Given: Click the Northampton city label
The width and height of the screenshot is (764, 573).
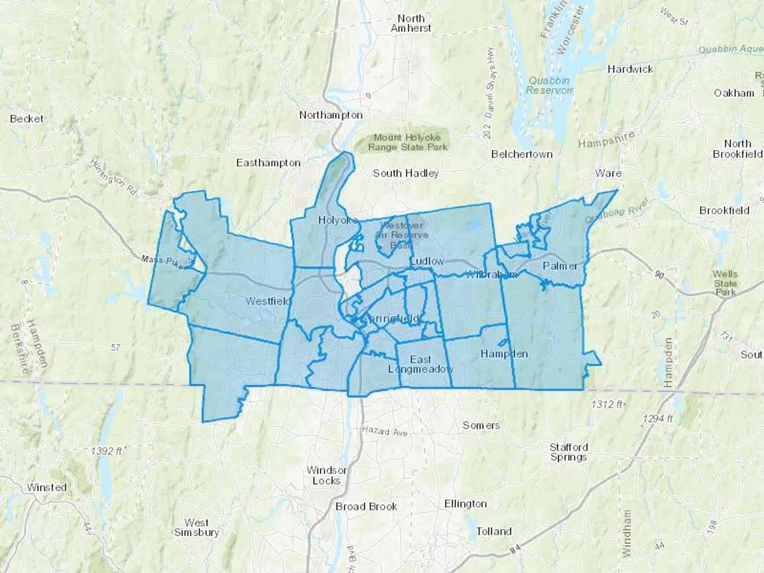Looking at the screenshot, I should click(x=331, y=115).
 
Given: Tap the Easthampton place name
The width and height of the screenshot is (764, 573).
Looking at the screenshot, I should click(x=268, y=163).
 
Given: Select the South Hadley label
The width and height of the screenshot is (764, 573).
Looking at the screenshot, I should click(x=405, y=173).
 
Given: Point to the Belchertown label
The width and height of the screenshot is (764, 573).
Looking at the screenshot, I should click(x=522, y=154).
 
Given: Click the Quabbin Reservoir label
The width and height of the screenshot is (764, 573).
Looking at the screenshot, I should click(x=549, y=85).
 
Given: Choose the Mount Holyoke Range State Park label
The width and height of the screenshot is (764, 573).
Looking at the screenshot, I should click(x=407, y=142).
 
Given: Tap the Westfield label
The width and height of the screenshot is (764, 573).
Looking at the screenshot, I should click(x=268, y=301).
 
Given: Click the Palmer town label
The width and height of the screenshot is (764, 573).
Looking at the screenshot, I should click(x=560, y=266).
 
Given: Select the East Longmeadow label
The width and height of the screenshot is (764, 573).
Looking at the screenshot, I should click(x=420, y=364).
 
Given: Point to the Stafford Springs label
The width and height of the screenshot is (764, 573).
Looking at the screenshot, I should click(x=568, y=452).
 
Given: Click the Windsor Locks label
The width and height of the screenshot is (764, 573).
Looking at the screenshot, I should click(x=326, y=475).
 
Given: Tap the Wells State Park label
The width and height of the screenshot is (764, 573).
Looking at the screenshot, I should click(x=725, y=283).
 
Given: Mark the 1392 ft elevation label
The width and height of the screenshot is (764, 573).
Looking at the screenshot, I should click(x=106, y=451).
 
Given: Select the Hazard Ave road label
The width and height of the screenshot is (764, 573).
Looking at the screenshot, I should click(x=385, y=431).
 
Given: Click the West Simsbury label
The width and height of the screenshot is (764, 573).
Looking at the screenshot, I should click(x=197, y=528).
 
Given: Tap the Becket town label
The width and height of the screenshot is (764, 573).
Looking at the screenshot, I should click(x=26, y=119).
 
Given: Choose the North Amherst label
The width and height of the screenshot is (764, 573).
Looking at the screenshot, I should click(x=411, y=23).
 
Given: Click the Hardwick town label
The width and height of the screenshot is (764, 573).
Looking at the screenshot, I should click(x=630, y=69).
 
